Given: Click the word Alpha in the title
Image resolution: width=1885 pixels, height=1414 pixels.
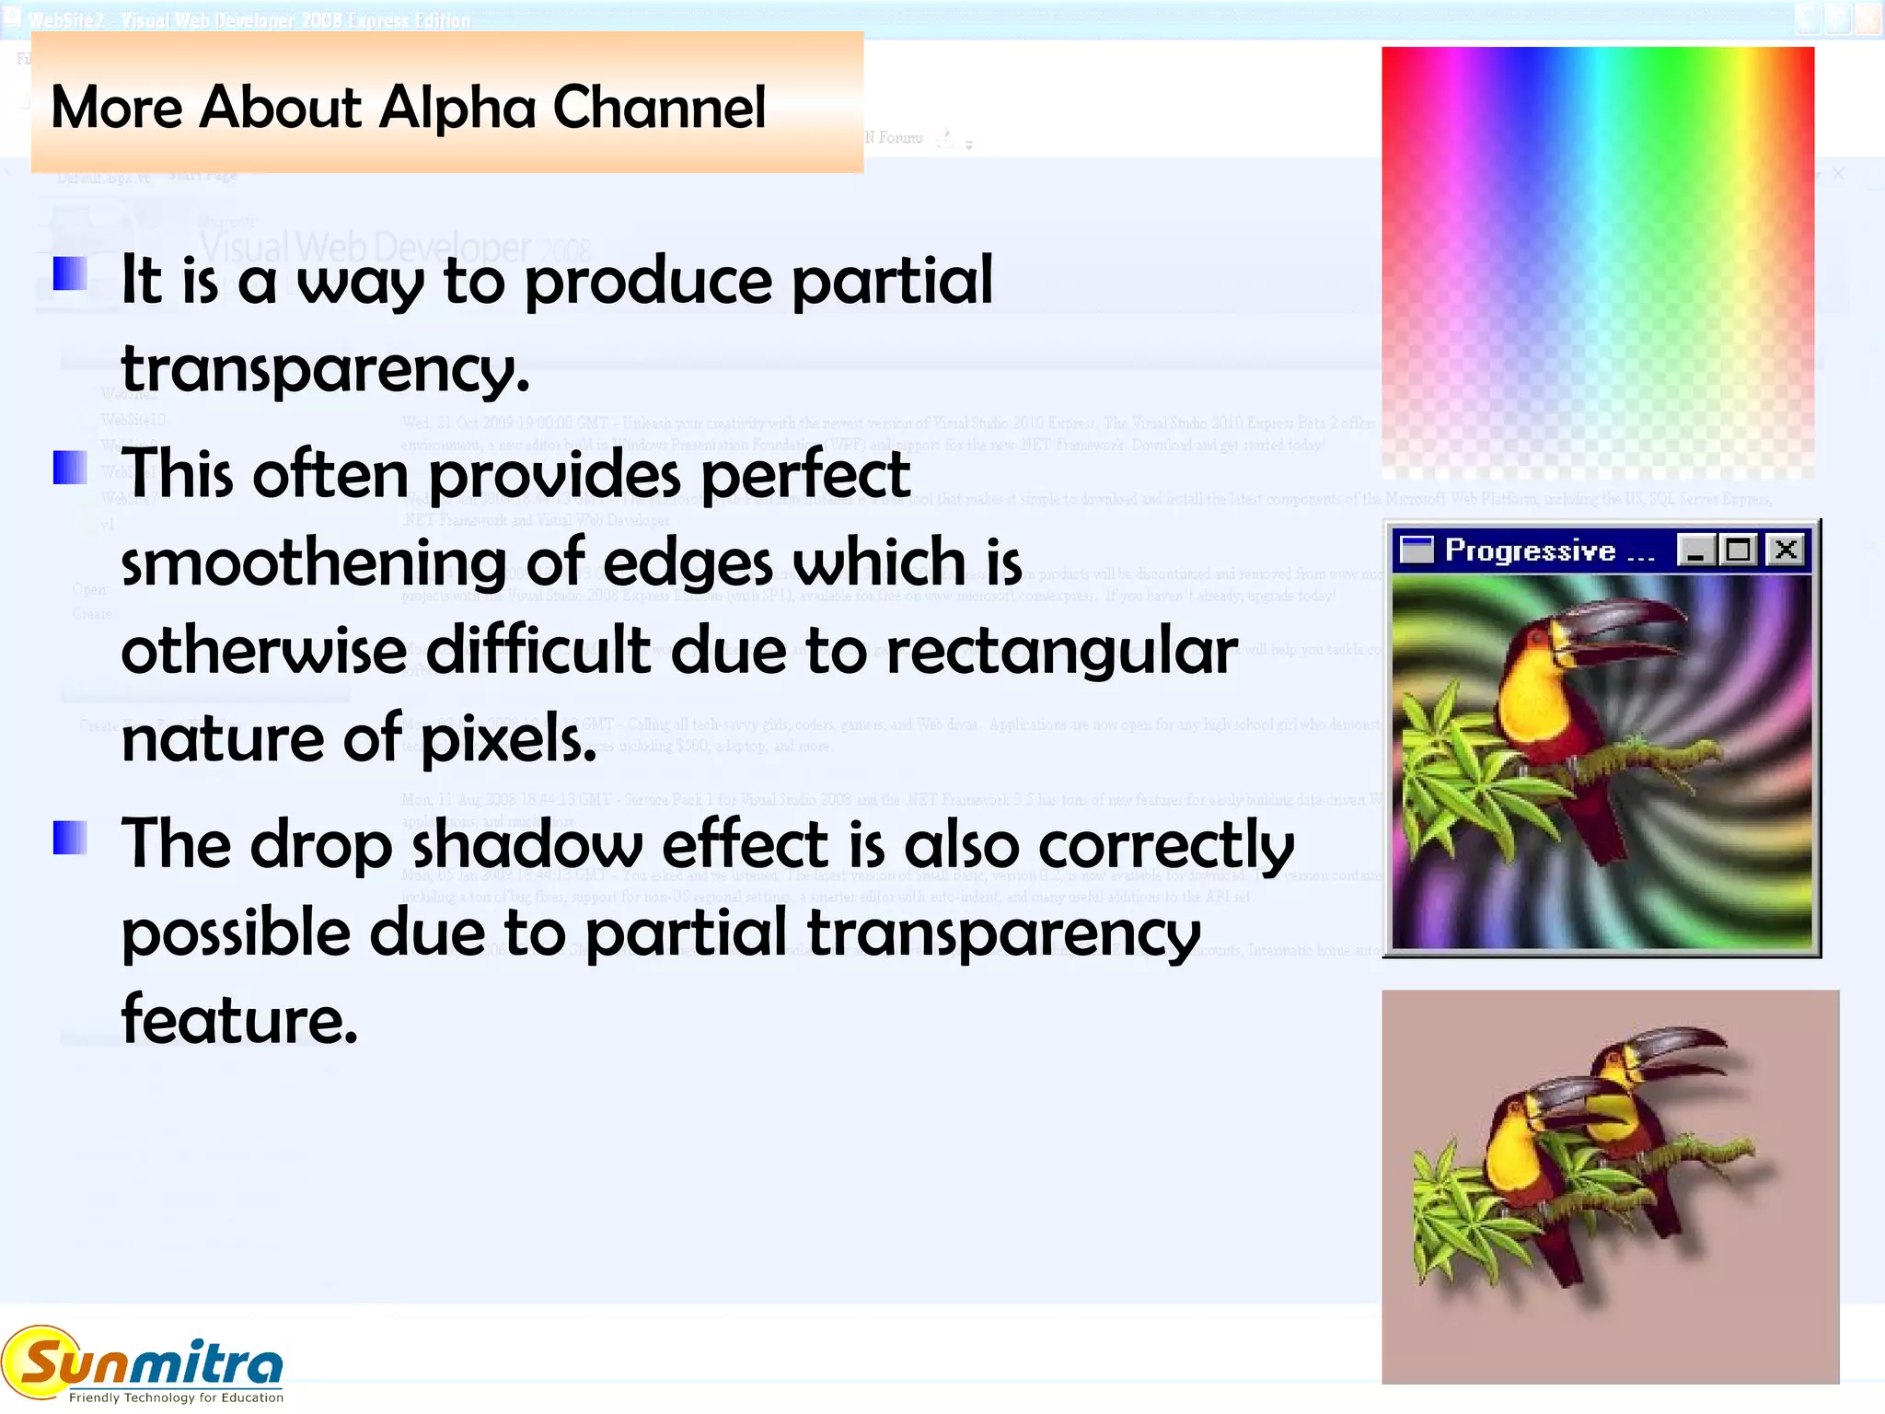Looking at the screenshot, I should pos(457,109).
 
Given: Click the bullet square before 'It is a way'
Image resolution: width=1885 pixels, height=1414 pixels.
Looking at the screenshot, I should pos(70,273).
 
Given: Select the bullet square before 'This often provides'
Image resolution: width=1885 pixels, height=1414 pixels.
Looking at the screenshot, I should pos(70,468).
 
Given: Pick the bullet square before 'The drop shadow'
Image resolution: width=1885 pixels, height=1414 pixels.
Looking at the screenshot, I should pos(70,838).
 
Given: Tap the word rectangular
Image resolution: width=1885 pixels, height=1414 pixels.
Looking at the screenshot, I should pos(1061,652).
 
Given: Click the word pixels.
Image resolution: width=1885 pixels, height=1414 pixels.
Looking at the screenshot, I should pos(509,739).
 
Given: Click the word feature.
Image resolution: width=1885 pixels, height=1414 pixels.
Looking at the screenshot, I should pos(239,1020).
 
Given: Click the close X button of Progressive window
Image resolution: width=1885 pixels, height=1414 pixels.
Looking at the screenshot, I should pos(1787,551).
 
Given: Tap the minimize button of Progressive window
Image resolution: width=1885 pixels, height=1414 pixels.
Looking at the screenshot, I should pos(1694,551).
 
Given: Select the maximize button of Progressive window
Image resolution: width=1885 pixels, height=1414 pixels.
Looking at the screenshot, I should pos(1739,551).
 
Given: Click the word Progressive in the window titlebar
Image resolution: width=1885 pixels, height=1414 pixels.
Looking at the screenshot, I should pos(1530,551).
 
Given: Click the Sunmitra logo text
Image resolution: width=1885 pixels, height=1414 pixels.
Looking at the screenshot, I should pos(152,1362).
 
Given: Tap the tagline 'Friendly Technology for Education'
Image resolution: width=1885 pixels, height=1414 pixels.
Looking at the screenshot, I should pos(176,1397).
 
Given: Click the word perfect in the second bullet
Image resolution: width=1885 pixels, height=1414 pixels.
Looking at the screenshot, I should pos(805,475).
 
